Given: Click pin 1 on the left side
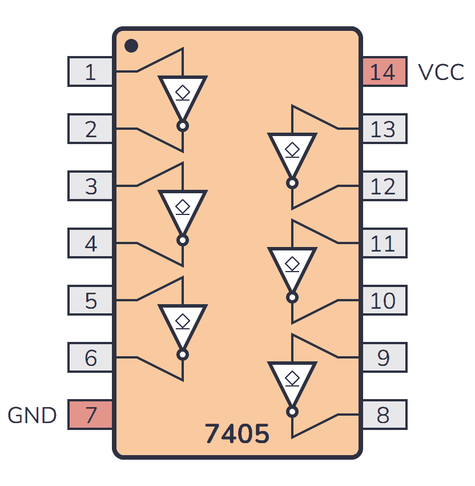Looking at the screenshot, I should pyautogui.click(x=90, y=72).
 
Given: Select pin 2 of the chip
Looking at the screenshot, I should pyautogui.click(x=90, y=129).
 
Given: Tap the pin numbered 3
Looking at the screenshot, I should pyautogui.click(x=90, y=186).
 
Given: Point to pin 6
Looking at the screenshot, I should pyautogui.click(x=90, y=358).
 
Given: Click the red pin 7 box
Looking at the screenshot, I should pyautogui.click(x=90, y=415).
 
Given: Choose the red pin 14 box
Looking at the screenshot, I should pyautogui.click(x=384, y=72).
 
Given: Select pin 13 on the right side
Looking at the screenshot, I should pyautogui.click(x=384, y=129).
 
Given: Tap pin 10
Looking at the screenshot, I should pyautogui.click(x=384, y=301).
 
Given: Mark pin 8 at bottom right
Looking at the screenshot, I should pyautogui.click(x=384, y=415).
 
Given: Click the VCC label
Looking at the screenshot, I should pyautogui.click(x=441, y=73).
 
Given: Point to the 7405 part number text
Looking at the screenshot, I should pyautogui.click(x=237, y=435).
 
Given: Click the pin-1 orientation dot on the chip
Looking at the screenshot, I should pyautogui.click(x=131, y=46).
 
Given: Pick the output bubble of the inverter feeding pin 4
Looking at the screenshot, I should pyautogui.click(x=183, y=241).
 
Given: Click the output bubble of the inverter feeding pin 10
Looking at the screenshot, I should pyautogui.click(x=292, y=298).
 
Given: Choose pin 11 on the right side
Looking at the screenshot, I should pyautogui.click(x=384, y=244).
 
